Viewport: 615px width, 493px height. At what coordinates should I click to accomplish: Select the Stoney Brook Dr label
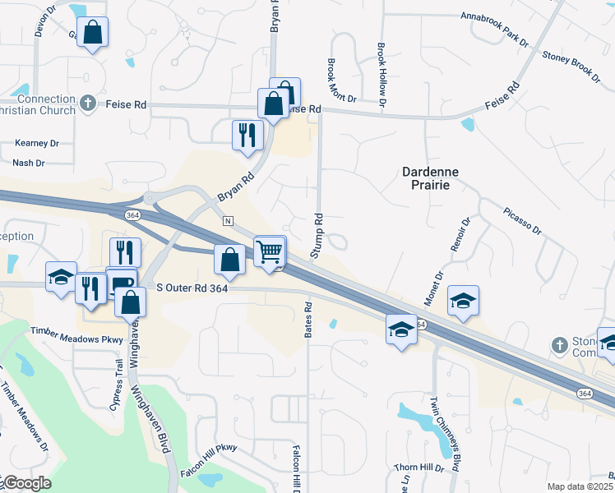point(570,67)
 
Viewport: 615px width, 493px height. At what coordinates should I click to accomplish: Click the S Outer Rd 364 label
point(192,288)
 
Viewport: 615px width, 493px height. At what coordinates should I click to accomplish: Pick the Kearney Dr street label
point(37,143)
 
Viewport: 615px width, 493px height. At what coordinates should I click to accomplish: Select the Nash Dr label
point(28,163)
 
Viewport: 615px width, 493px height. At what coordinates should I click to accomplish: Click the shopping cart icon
point(270,252)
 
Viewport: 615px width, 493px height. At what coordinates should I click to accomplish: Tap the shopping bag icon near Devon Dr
point(93,34)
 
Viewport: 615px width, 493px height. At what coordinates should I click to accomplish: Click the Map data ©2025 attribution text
point(580,486)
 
